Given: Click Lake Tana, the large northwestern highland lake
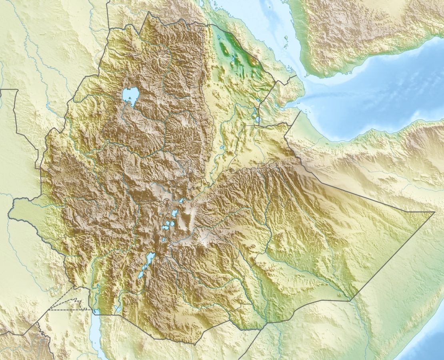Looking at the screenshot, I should pyautogui.click(x=130, y=95).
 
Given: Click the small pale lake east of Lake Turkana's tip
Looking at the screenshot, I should pyautogui.click(x=117, y=308).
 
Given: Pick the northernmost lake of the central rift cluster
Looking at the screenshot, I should pyautogui.click(x=181, y=200).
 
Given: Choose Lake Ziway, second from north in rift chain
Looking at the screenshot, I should pyautogui.click(x=174, y=213).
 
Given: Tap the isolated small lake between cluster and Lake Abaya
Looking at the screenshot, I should pyautogui.click(x=163, y=240).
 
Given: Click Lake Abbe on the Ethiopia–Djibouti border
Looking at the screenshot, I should pyautogui.click(x=257, y=119).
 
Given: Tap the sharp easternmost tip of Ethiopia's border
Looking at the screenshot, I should pyautogui.click(x=434, y=212).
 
